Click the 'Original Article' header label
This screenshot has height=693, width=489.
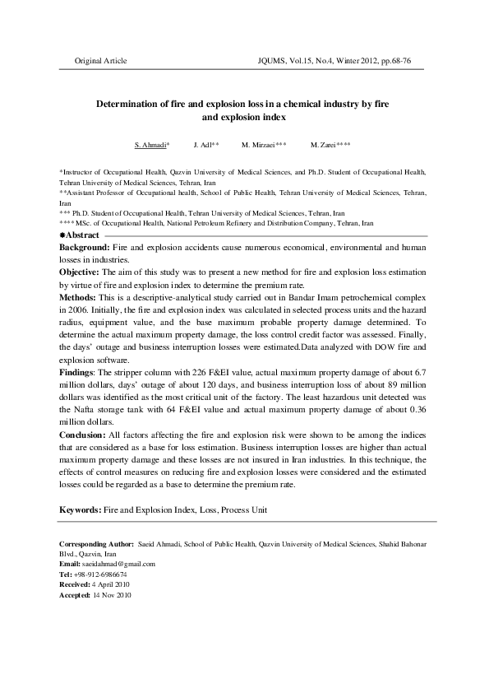pos(101,62)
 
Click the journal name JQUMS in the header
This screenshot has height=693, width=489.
pos(274,62)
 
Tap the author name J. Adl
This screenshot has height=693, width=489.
pos(205,144)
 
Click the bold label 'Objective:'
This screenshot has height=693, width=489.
pos(80,271)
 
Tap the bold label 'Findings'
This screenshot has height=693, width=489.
pos(78,373)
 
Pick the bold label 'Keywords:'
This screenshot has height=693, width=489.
pos(79,509)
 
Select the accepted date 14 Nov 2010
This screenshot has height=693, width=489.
pos(117,593)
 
